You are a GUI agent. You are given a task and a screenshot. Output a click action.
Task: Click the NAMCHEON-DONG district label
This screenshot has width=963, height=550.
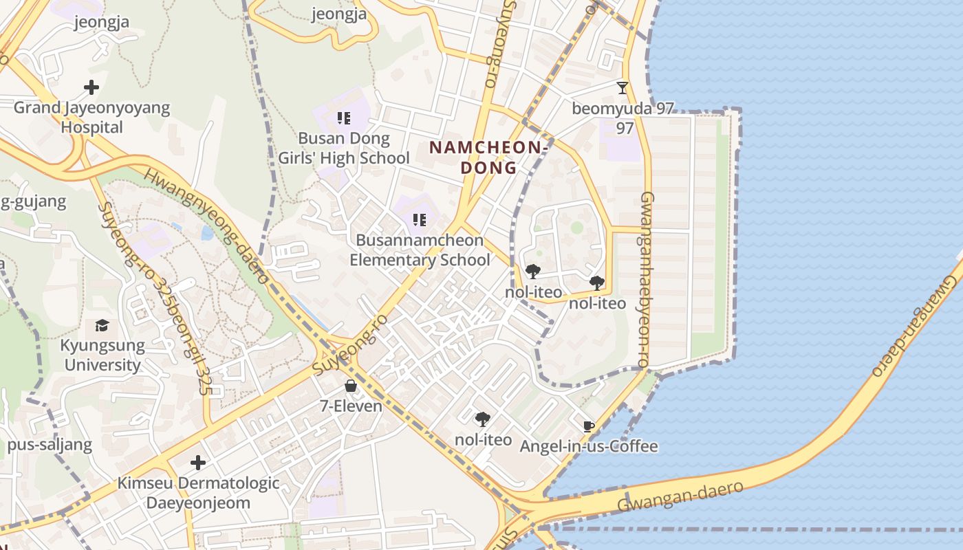[x=488, y=157]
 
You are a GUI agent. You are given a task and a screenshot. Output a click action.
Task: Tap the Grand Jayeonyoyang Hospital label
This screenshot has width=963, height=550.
[x=91, y=118]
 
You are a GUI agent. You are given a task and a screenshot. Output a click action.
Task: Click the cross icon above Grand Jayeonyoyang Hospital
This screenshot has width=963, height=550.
[x=91, y=87]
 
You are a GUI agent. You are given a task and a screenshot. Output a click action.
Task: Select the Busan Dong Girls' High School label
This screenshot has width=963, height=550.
[x=344, y=148]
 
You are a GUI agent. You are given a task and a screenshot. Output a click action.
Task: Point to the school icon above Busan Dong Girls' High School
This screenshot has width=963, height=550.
[x=344, y=118]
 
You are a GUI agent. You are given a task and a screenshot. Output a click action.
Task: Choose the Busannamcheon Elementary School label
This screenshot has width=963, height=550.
[x=420, y=250]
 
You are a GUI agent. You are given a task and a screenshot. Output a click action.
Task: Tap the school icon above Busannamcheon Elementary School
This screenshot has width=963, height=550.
[x=420, y=220]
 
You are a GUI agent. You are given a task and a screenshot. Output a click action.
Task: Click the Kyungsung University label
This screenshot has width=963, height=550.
[x=102, y=355]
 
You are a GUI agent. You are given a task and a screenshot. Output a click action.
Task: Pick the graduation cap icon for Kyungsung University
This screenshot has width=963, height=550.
[x=102, y=325]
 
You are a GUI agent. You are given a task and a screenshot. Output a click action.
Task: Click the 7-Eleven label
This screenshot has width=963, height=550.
[x=351, y=406]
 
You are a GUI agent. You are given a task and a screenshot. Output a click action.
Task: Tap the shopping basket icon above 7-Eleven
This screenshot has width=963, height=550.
[x=351, y=386]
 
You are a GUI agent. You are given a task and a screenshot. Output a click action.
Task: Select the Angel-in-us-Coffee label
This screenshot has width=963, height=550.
[x=589, y=447]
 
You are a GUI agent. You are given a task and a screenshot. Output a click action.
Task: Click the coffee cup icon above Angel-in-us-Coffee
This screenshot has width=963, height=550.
[x=588, y=426]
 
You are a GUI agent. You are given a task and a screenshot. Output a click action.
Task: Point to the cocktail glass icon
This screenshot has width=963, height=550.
[x=623, y=88]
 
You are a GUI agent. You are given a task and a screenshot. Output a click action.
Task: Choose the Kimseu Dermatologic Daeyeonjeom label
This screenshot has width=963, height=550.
[x=198, y=492]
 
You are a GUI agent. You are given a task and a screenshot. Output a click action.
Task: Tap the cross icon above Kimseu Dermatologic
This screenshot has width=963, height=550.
[x=198, y=462]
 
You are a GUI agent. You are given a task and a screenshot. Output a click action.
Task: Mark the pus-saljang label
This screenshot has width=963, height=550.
[x=50, y=445]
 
